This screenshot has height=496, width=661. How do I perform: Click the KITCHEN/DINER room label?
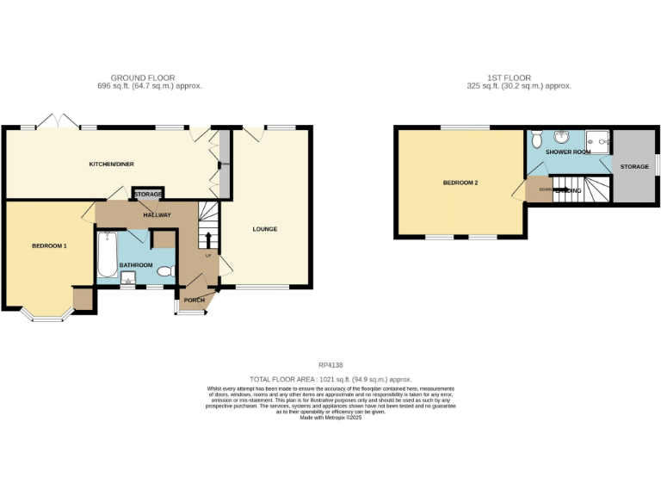pos(112,164)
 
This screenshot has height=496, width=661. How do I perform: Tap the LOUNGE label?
pos(264,229)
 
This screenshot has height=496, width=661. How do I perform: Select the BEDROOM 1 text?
pos(49,246)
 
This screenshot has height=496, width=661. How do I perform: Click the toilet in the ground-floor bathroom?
pos(165,271)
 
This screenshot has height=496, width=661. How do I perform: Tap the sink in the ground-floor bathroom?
pos(128,277)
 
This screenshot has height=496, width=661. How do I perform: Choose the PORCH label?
pos(193,301)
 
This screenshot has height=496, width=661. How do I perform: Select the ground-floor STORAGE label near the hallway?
pos(148,195)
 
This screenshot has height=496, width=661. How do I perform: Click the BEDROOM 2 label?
pos(460,183)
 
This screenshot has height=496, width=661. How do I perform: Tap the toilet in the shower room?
pos(536,138)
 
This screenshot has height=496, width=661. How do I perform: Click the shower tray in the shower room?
pos(597,139)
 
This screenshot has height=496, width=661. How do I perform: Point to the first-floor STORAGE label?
pos(634,165)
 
